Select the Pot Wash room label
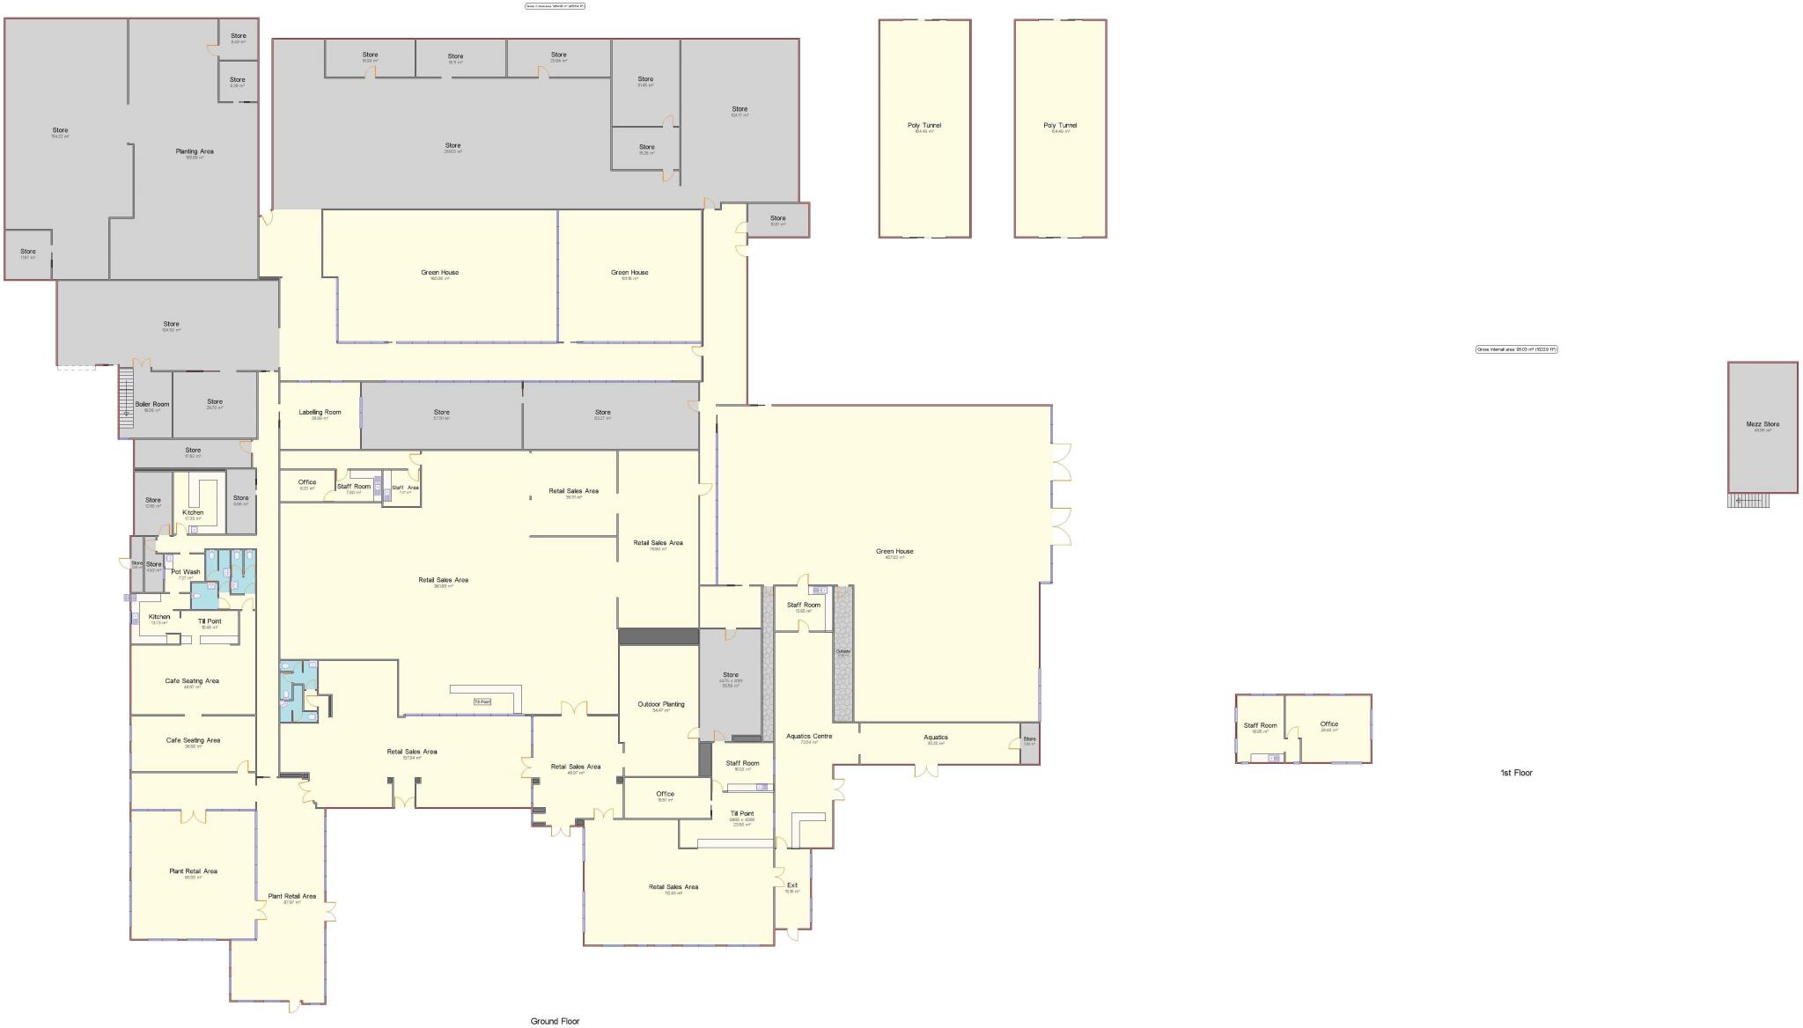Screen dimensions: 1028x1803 tap(185, 572)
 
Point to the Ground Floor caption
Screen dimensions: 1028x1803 tap(555, 1021)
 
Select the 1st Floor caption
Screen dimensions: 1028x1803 tap(1516, 773)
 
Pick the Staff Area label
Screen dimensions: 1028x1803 tap(405, 488)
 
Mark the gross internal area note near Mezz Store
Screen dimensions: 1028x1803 tap(1516, 349)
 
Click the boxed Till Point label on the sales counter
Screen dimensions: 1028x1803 tap(482, 701)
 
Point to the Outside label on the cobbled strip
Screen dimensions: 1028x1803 tap(843, 651)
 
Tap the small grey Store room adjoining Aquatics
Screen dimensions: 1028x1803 tap(1029, 742)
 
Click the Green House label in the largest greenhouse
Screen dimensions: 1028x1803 tap(894, 552)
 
